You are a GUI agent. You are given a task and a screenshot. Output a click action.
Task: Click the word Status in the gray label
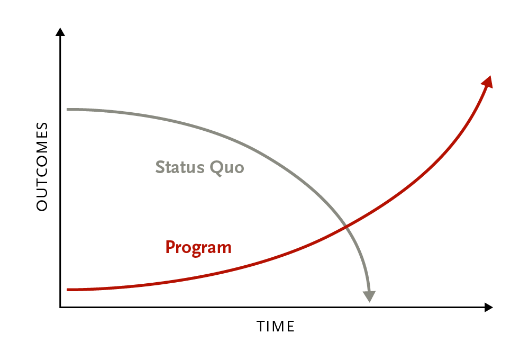tap(180, 167)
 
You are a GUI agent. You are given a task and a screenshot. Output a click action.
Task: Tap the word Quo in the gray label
tap(227, 168)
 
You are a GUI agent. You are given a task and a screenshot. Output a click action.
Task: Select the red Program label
tap(198, 248)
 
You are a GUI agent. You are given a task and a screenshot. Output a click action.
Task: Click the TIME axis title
tap(276, 327)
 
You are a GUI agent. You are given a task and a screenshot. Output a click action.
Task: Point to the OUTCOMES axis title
tap(42, 167)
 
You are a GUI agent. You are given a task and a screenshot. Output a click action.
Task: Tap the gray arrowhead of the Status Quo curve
tap(369, 296)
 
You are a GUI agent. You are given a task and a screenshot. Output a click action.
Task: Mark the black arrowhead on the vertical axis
tap(60, 32)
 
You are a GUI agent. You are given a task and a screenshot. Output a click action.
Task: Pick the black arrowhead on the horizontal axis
tap(489, 307)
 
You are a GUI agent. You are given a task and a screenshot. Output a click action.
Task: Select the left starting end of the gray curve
tap(68, 110)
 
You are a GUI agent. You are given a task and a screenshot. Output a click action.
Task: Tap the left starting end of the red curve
tap(68, 290)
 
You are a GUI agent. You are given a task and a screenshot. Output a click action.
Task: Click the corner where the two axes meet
tap(60, 307)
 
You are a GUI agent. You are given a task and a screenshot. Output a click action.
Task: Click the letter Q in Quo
tap(216, 168)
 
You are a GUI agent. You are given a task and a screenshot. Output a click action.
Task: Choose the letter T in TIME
tap(260, 327)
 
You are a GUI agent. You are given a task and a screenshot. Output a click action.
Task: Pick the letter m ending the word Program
tap(225, 249)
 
